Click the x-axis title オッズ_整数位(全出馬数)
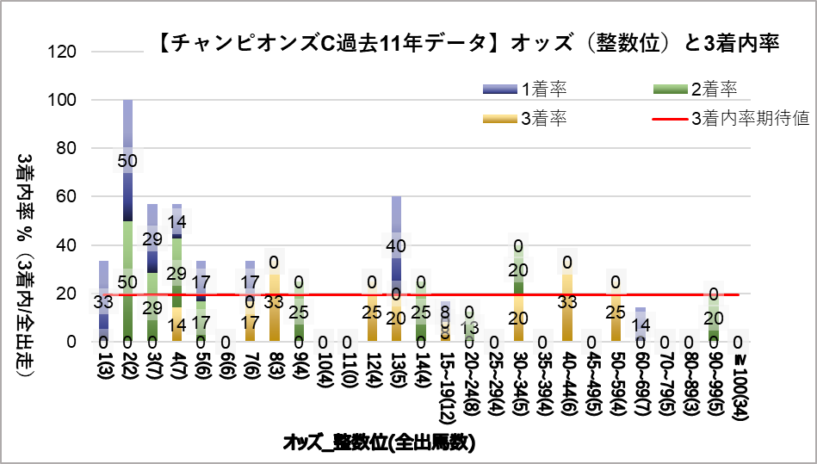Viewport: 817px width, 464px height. [380, 442]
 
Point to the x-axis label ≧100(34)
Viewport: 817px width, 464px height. [738, 380]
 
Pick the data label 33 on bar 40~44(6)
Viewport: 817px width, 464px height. [567, 302]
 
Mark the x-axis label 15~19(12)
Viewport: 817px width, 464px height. [445, 380]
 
